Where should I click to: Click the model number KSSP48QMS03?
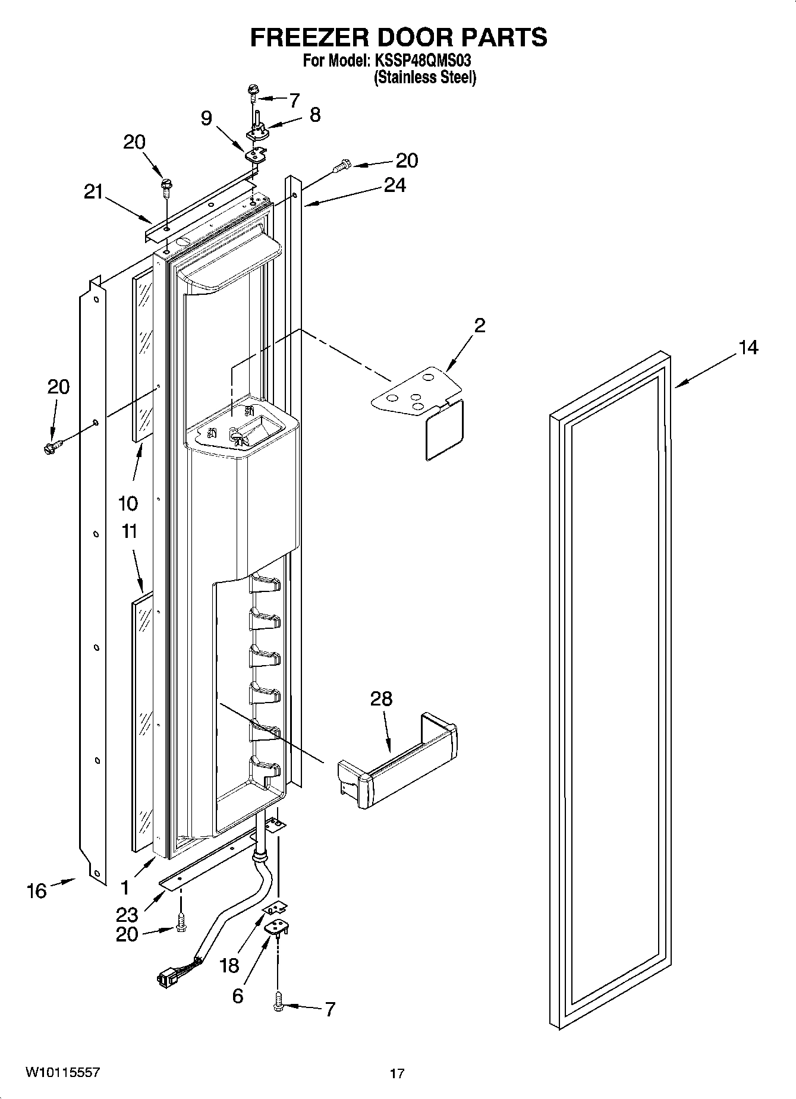click(424, 61)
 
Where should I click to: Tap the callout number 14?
click(748, 347)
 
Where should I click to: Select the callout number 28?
click(381, 698)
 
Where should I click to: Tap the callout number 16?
click(36, 890)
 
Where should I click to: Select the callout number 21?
click(93, 192)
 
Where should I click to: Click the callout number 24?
click(394, 185)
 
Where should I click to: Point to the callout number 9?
click(206, 118)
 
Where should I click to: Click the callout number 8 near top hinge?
click(314, 115)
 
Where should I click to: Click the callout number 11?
click(129, 531)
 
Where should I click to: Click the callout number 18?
click(229, 965)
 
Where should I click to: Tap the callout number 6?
click(238, 996)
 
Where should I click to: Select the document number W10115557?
click(62, 1072)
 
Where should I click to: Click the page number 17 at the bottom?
click(397, 1073)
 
